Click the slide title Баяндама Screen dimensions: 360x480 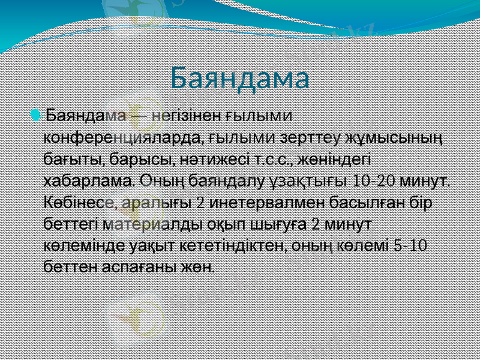[x=239, y=78]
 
